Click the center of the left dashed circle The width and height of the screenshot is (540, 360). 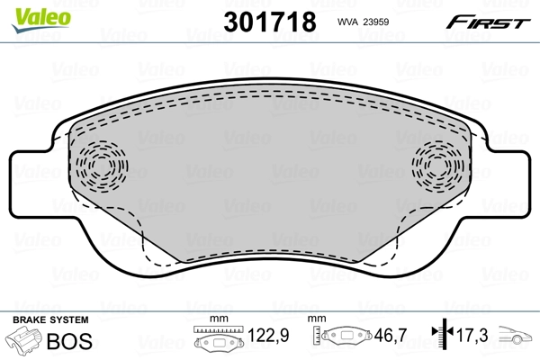(x=101, y=165)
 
